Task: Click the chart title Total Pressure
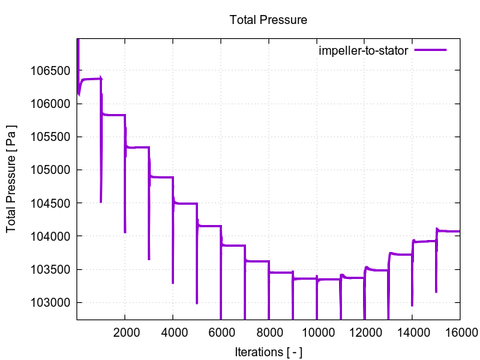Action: [x=268, y=20]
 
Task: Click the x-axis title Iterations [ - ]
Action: [x=268, y=352]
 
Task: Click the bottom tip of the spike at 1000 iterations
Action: [x=101, y=202]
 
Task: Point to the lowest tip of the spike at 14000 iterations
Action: [x=412, y=305]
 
